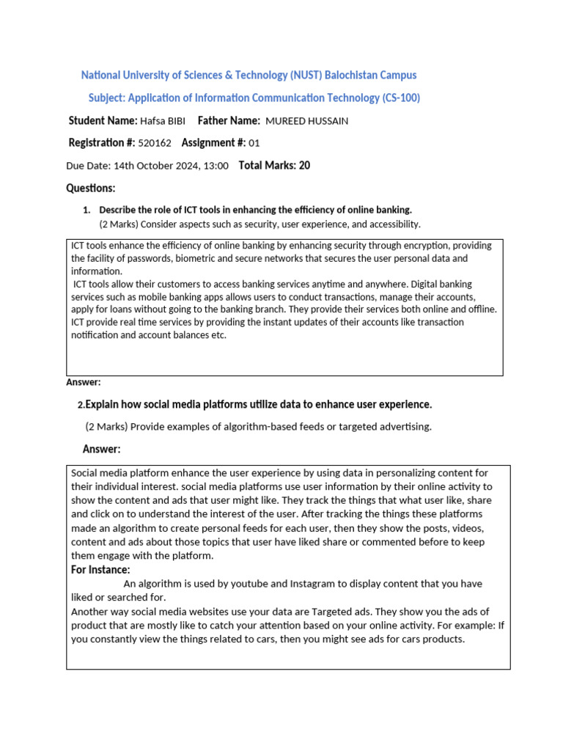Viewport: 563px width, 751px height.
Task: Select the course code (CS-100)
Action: tap(401, 98)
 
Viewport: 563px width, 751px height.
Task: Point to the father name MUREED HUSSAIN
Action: tap(307, 121)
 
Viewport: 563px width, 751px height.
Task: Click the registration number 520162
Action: tap(155, 143)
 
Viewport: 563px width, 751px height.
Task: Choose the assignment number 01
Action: tap(254, 143)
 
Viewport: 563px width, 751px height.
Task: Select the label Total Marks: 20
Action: tap(274, 166)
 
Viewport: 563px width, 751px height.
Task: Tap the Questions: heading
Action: tap(91, 188)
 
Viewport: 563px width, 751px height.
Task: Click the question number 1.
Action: tap(87, 210)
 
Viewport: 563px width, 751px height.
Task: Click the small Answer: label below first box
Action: tap(84, 382)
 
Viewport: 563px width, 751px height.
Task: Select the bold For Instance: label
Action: tap(100, 570)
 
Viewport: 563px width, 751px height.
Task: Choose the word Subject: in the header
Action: tap(107, 98)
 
